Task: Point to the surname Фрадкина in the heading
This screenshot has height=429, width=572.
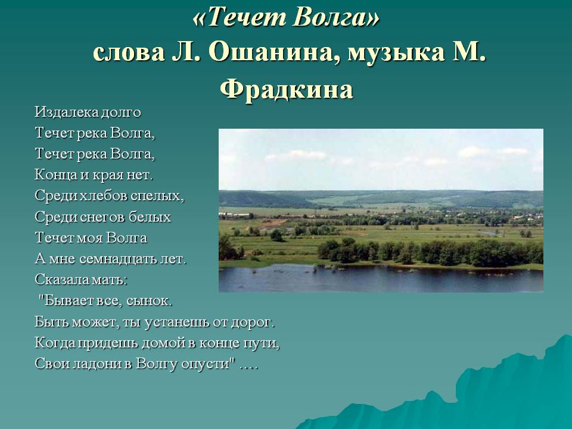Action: click(x=286, y=89)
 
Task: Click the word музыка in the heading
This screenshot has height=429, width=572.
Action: click(x=393, y=54)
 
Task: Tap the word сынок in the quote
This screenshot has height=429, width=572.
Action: click(x=154, y=301)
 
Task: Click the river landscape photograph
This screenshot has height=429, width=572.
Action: click(x=381, y=210)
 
